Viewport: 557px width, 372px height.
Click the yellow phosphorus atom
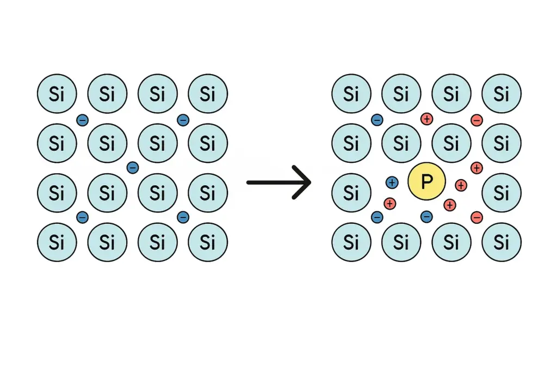click(x=426, y=181)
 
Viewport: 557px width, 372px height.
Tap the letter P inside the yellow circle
click(x=426, y=182)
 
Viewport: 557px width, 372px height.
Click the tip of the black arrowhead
click(x=311, y=182)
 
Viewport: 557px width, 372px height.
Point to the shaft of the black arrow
click(x=277, y=182)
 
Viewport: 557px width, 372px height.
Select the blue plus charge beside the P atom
click(x=392, y=183)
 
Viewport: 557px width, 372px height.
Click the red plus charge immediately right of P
click(x=461, y=185)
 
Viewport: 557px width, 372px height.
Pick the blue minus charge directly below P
click(x=426, y=216)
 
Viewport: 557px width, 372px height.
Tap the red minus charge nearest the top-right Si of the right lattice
click(x=476, y=120)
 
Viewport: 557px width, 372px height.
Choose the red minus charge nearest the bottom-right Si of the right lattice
click(x=476, y=217)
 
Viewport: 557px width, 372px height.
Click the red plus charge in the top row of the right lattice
click(x=426, y=119)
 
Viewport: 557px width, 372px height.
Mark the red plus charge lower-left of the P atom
click(x=389, y=204)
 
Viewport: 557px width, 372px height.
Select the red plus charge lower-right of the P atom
click(x=449, y=205)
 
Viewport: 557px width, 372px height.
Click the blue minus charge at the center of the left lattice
click(x=133, y=168)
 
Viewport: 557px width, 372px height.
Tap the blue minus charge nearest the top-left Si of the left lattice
click(x=83, y=120)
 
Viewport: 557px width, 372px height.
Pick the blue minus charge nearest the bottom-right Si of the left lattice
click(x=183, y=217)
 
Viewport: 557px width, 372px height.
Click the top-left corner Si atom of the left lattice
click(x=57, y=94)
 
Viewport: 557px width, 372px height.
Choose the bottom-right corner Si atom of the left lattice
click(x=208, y=242)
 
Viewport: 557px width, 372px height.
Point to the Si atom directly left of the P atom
click(x=351, y=193)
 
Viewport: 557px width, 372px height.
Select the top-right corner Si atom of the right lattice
click(x=501, y=94)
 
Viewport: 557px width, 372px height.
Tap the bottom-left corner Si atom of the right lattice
click(x=351, y=242)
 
